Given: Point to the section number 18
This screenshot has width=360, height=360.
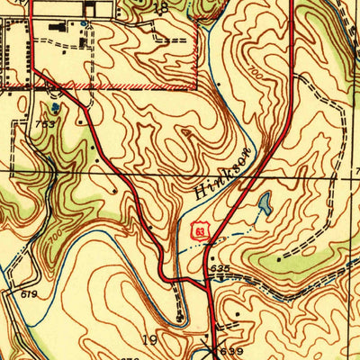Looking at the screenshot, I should [x=161, y=7].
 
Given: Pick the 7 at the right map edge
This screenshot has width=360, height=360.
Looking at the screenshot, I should [x=355, y=167].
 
